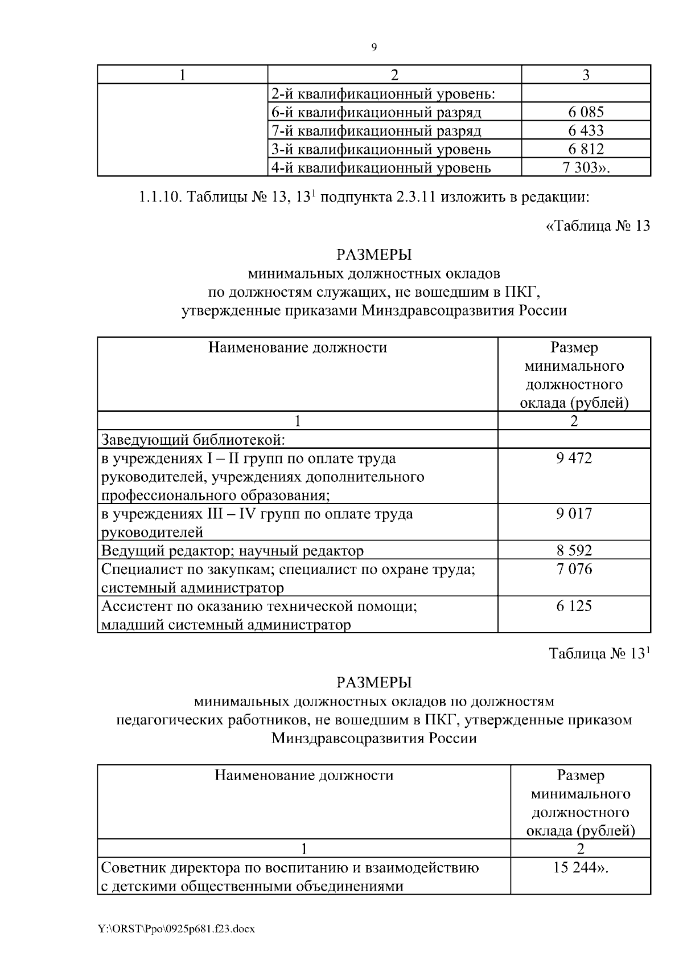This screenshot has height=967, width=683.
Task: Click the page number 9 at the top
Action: [x=373, y=48]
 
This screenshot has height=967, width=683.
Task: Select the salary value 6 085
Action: [x=586, y=112]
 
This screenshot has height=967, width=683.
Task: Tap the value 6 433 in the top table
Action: [x=586, y=131]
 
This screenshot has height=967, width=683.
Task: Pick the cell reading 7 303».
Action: [x=586, y=168]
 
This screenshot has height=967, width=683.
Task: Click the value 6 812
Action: [x=586, y=150]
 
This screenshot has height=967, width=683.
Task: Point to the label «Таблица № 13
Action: [x=597, y=226]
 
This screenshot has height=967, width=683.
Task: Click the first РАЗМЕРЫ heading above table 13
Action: [x=373, y=255]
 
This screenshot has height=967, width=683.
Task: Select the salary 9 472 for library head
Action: [x=574, y=458]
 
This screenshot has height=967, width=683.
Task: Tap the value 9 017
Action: [x=574, y=514]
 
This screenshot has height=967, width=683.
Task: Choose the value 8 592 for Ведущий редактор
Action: [x=574, y=551]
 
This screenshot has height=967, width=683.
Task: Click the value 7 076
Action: [x=574, y=569]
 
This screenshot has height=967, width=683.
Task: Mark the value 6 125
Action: [x=574, y=606]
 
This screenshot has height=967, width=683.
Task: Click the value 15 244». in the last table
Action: [x=580, y=868]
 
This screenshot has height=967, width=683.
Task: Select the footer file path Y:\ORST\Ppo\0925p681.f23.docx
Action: [x=177, y=929]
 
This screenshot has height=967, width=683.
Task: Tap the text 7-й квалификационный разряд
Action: [x=376, y=131]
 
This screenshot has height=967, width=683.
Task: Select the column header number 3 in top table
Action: [x=586, y=75]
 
